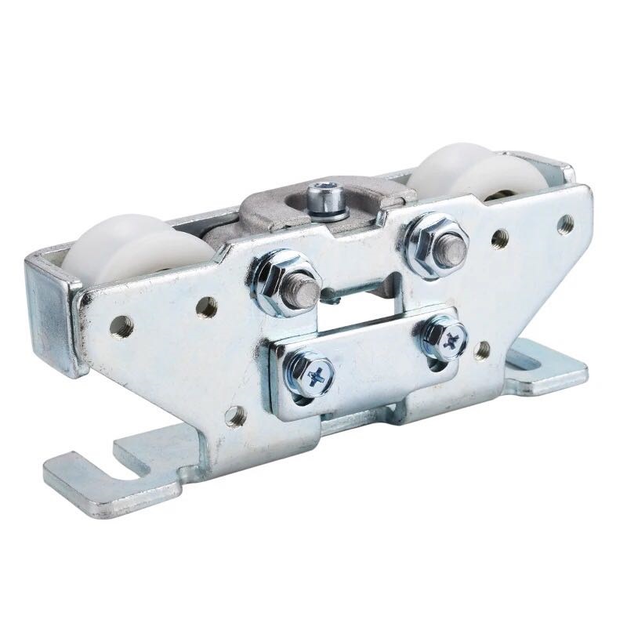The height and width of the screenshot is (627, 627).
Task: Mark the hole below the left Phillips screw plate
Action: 235,415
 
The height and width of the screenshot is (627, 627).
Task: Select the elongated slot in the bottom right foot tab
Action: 534,361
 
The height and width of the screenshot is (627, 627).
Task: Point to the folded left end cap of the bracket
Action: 51,313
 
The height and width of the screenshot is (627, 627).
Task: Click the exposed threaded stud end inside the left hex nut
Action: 304,291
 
